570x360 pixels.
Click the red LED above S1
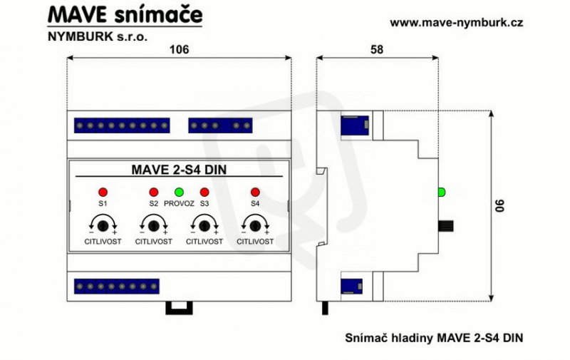coord(103,192)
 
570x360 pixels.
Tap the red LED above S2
coord(154,192)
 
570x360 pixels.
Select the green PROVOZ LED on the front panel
coord(180,192)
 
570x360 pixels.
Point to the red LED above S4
coord(255,192)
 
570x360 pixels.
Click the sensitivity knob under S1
coord(103,226)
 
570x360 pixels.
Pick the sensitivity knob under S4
coord(255,226)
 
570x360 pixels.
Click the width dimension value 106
coord(180,49)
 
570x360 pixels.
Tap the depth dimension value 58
coord(377,49)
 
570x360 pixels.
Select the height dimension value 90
coord(501,205)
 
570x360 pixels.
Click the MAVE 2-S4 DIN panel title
coord(179,170)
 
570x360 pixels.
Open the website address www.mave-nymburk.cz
coord(457,23)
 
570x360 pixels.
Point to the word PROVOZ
coord(180,204)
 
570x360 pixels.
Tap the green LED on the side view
coord(441,192)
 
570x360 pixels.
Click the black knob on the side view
coord(446,226)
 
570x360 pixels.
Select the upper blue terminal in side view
coord(355,125)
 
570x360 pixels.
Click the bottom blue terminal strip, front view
coord(117,287)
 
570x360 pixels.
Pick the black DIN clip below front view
coord(180,308)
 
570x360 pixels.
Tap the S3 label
coord(204,204)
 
